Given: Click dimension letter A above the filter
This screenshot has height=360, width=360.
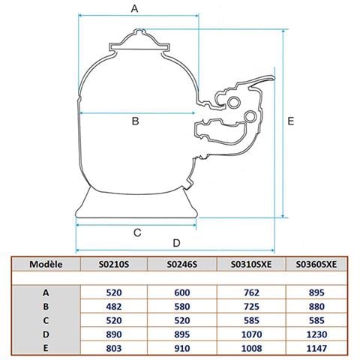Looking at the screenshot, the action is tap(134, 8).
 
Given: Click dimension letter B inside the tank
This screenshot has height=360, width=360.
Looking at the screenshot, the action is tap(135, 121).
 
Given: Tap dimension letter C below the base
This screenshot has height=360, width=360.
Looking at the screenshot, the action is tap(137, 232).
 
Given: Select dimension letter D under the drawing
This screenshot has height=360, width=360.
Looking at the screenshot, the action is tap(176, 243).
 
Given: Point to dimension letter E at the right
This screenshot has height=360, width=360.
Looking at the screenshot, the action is tap(290, 121).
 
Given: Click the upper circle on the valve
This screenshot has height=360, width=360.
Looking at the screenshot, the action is tap(234, 102).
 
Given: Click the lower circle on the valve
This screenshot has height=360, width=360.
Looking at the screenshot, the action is tap(250, 116).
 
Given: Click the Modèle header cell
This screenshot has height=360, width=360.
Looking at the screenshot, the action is tap(46, 264).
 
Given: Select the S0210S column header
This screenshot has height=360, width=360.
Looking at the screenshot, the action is tap(114, 264).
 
